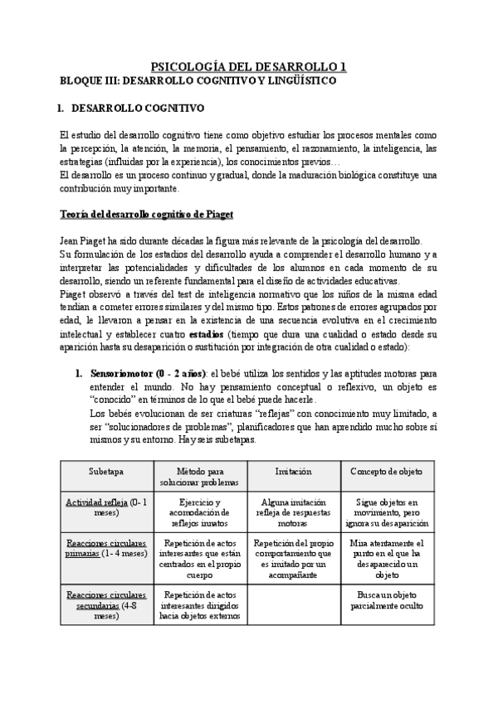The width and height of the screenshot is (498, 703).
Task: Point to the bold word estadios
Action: (206, 334)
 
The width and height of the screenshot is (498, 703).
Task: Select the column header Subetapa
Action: (106, 471)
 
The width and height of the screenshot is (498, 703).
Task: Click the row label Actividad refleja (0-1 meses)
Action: (106, 507)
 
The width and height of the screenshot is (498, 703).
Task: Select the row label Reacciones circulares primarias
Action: (106, 549)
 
